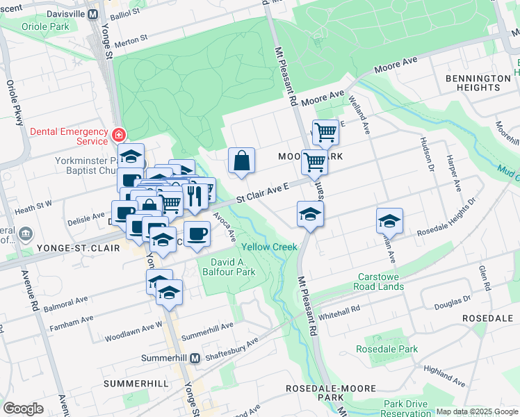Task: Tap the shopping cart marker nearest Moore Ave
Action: [x=325, y=132]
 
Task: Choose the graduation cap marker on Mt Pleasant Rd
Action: [x=310, y=214]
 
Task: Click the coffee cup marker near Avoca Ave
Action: [x=197, y=234]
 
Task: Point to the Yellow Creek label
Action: [x=269, y=247]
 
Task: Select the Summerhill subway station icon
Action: [x=195, y=358]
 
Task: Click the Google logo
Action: [x=23, y=408]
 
